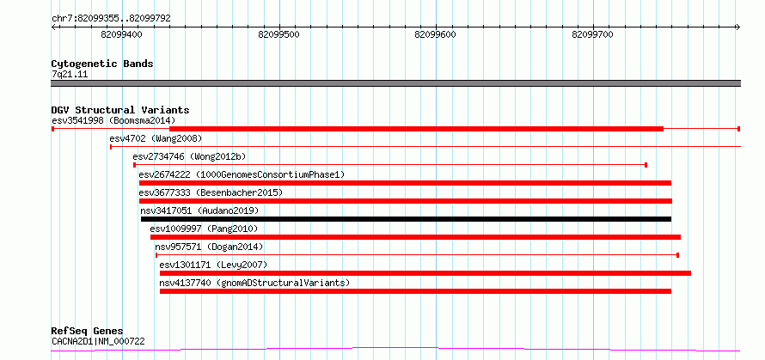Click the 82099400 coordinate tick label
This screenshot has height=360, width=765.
tap(121, 34)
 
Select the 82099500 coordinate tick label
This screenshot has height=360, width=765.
tap(278, 34)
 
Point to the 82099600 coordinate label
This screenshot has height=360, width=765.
tap(435, 34)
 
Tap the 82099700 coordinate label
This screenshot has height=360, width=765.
tap(592, 34)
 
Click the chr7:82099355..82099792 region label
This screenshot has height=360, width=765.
tap(111, 19)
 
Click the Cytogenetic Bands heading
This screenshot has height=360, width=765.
tap(102, 64)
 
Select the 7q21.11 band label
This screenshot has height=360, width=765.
tap(70, 75)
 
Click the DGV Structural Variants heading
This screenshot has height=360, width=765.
tap(120, 110)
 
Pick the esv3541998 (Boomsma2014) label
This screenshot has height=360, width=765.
tap(113, 120)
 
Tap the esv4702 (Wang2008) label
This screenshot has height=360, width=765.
tap(156, 138)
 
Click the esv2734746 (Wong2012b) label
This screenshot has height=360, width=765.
tap(189, 156)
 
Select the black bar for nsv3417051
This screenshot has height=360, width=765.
tap(406, 219)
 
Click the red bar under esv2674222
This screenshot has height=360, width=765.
tap(405, 183)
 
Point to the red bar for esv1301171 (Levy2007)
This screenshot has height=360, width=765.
tap(425, 273)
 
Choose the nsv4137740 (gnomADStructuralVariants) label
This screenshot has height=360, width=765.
tap(254, 283)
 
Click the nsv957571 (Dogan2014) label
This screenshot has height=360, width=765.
tap(209, 247)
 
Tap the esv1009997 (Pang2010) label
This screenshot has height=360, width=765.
tap(204, 229)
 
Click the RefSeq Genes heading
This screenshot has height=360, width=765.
tap(88, 332)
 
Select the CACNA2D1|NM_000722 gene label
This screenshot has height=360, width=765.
tap(98, 341)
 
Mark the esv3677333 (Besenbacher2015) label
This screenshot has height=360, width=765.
tap(211, 192)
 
